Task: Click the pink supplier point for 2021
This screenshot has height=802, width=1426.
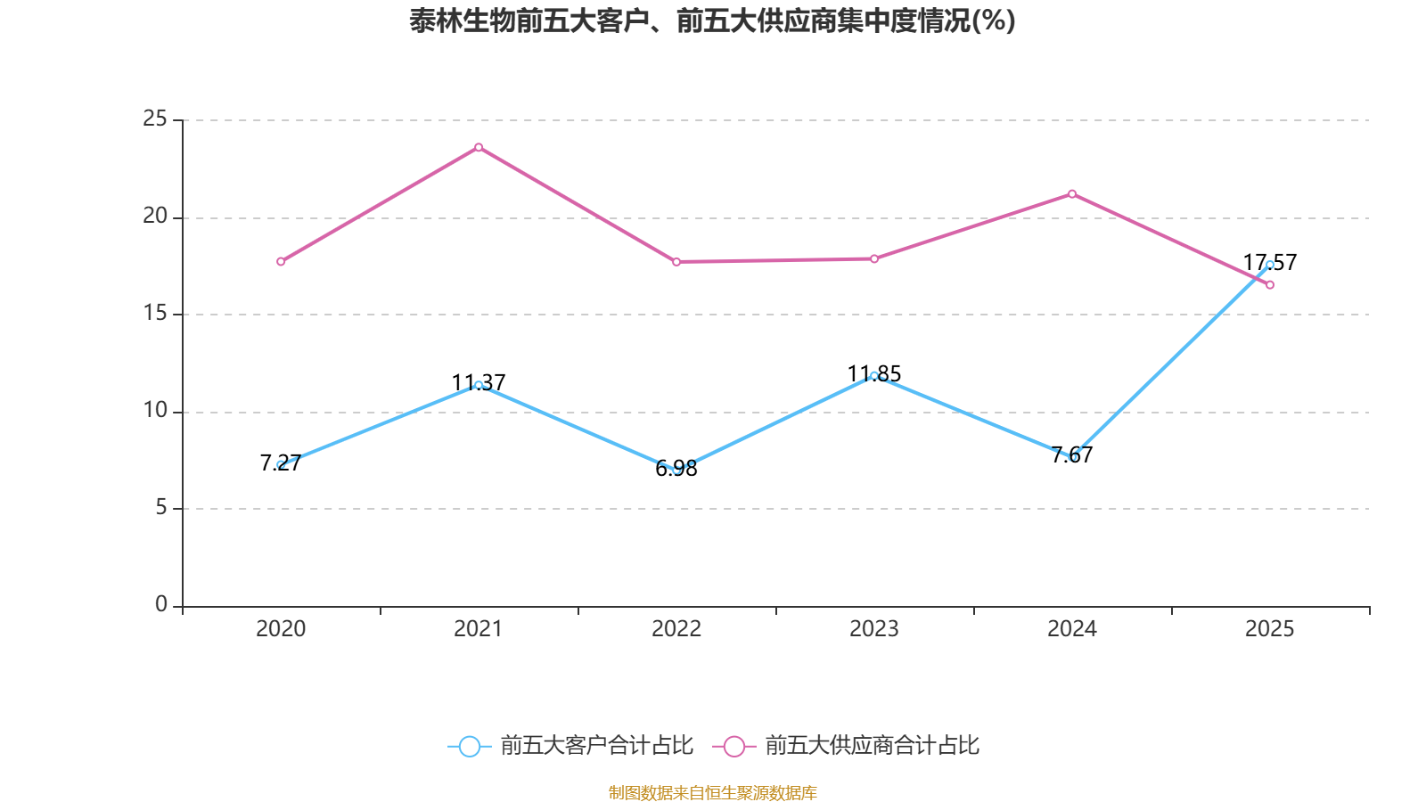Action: point(479,147)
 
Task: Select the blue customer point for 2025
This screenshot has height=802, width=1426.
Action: point(1270,265)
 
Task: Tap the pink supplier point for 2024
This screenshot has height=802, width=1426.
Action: point(1072,193)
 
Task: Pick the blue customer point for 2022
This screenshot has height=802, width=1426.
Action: point(676,469)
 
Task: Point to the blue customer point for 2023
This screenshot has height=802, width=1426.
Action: point(874,376)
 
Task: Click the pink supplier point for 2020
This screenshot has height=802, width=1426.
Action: point(281,261)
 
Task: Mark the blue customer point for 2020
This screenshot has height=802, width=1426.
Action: point(281,464)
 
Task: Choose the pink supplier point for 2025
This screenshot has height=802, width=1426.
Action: point(1270,285)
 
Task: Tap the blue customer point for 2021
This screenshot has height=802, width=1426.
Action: point(479,385)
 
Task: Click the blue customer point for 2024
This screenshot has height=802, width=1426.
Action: point(1072,456)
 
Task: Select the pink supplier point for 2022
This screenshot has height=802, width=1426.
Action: point(676,262)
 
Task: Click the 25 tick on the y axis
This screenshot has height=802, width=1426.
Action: point(155,119)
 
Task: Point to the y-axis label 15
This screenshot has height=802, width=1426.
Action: point(155,313)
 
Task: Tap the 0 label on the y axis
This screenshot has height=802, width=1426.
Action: point(161,604)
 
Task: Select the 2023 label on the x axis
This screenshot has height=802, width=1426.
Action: point(874,629)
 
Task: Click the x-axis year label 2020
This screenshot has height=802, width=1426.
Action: point(281,629)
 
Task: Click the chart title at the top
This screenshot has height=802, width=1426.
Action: point(712,20)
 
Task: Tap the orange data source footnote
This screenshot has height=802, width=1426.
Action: point(712,792)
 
